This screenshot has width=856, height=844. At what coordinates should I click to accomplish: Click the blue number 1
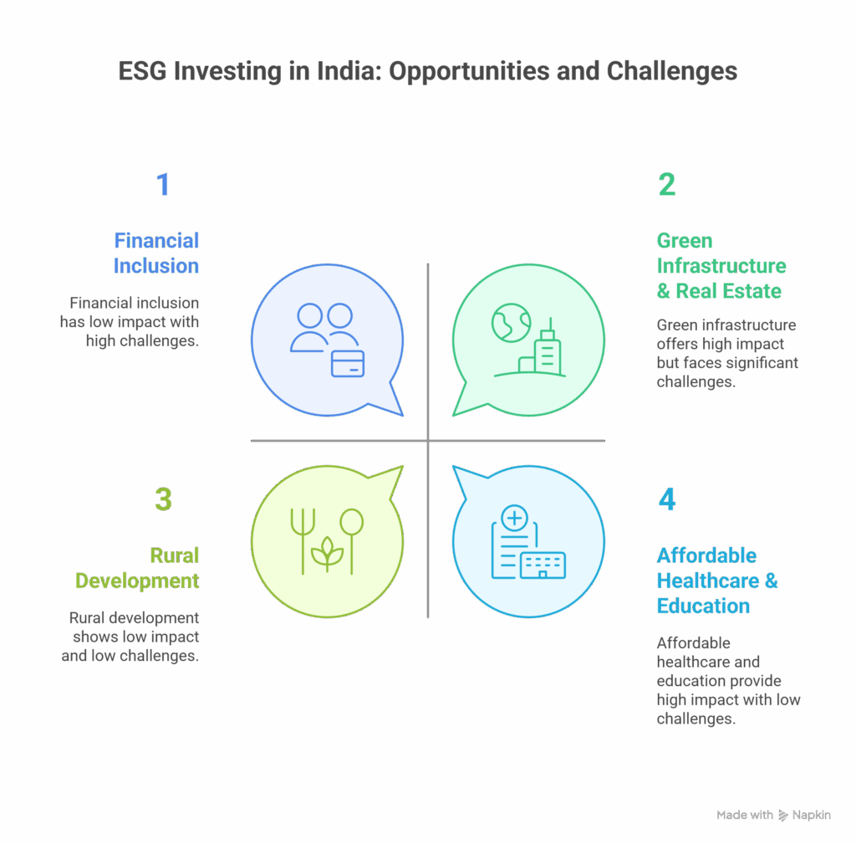coord(163,185)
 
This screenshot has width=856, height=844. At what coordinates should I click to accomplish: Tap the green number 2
coord(666,185)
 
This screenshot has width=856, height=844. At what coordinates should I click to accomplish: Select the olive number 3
coord(163,499)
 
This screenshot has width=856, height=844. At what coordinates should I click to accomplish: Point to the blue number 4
coord(666,499)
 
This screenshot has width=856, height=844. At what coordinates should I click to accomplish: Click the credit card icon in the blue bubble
coord(348,363)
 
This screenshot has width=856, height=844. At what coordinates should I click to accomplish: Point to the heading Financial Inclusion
coord(156,253)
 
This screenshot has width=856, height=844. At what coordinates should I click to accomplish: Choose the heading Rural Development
coord(138,568)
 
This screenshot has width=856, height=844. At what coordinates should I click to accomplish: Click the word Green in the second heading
coord(685,241)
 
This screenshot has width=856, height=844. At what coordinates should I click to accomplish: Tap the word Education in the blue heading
coord(703,606)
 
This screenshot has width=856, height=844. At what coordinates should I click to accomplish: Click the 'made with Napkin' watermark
coord(773,815)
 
